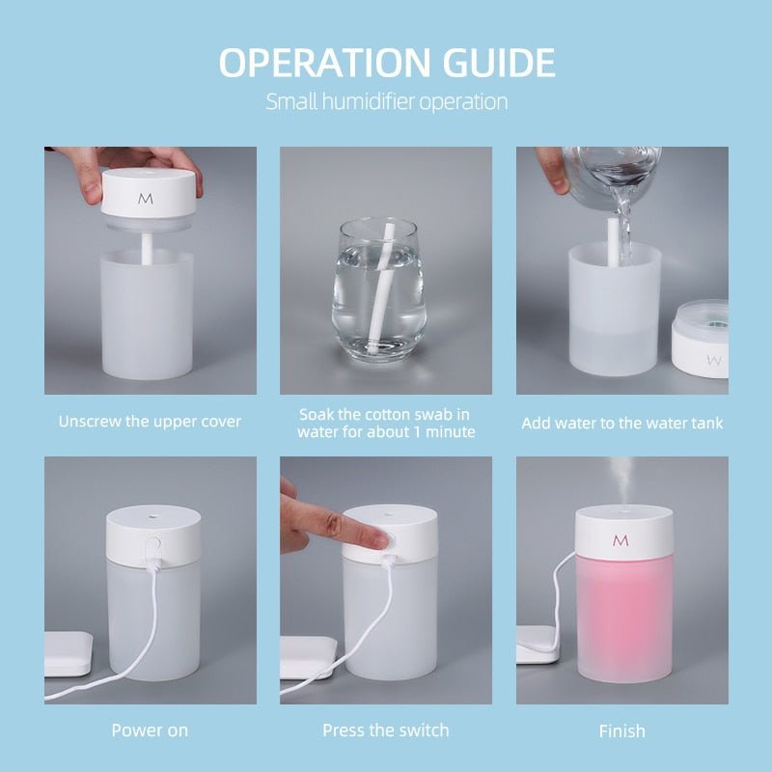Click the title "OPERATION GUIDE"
pyautogui.click(x=386, y=63)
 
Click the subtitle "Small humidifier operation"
pyautogui.click(x=386, y=101)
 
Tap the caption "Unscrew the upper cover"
pyautogui.click(x=150, y=422)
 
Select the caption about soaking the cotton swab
pyautogui.click(x=386, y=422)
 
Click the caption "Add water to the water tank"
pyautogui.click(x=621, y=423)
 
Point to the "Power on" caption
pyautogui.click(x=150, y=731)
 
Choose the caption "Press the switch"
pyautogui.click(x=386, y=731)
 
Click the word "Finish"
pyautogui.click(x=621, y=731)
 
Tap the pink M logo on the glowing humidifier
pyautogui.click(x=620, y=539)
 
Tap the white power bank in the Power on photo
pyautogui.click(x=68, y=651)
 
